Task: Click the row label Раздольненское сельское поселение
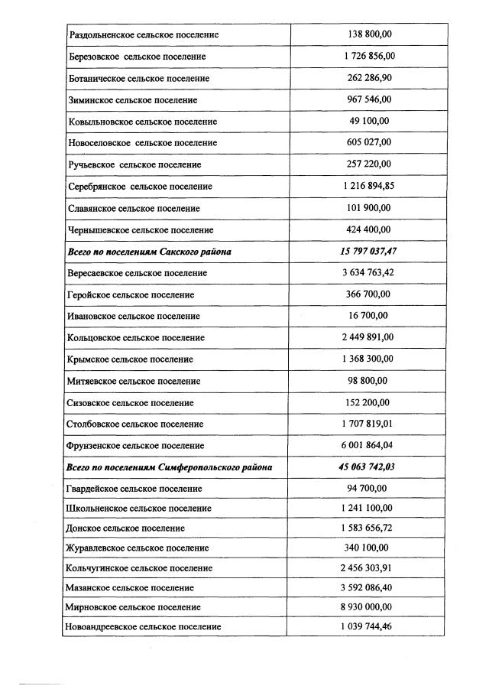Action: [x=144, y=35]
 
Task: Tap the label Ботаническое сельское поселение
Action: [x=139, y=79]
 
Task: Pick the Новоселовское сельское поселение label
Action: [x=143, y=143]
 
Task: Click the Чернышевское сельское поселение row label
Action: [x=141, y=230]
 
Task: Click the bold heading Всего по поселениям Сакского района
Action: [x=150, y=252]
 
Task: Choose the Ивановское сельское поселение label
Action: [x=134, y=317]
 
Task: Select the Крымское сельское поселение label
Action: [x=131, y=359]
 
